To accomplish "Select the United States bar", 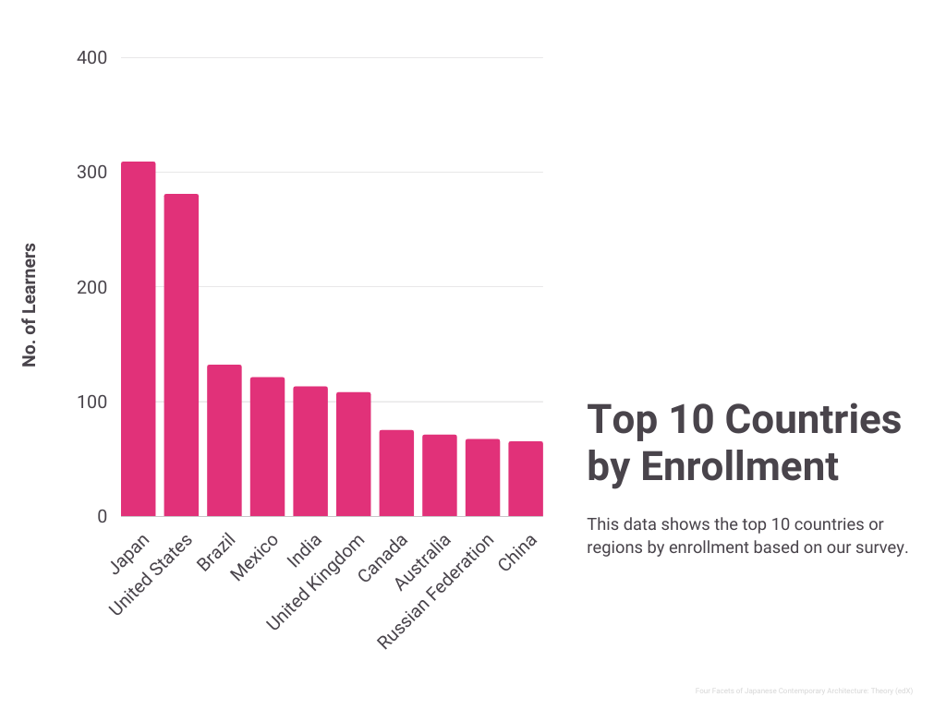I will pos(181,355).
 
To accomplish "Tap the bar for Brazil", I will pos(224,440).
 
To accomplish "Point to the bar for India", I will pos(310,451).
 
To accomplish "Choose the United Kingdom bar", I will pos(353,453).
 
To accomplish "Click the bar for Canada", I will pos(396,473).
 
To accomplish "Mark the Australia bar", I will pos(440,475).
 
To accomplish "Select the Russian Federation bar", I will pos(482,477).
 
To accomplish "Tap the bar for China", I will pos(526,478).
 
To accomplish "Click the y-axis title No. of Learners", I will pos(30,305).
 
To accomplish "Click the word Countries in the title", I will pos(812,419).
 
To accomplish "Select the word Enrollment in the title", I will pos(740,466).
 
